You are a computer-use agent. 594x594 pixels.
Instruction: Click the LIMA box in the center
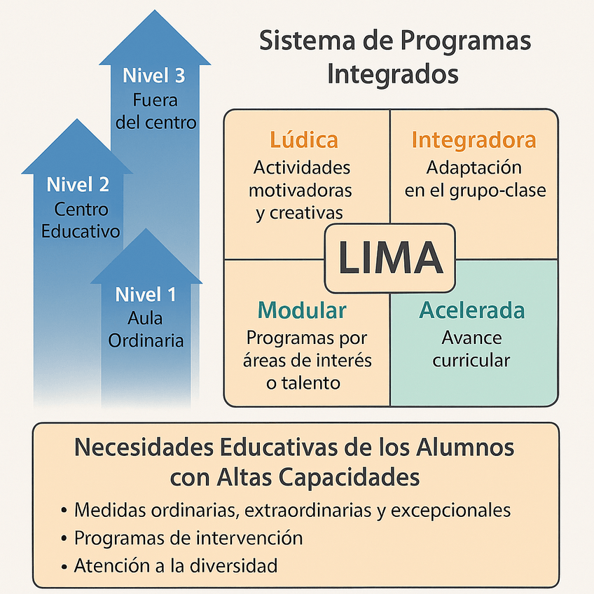tap(390, 258)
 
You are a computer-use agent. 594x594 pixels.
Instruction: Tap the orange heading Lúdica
tap(303, 140)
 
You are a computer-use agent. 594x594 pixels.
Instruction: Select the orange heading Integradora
tap(474, 140)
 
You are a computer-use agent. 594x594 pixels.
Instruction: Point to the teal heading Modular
tap(302, 310)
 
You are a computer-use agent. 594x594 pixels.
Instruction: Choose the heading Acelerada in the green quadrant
tap(471, 310)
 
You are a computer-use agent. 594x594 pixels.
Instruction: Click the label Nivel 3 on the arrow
tap(154, 76)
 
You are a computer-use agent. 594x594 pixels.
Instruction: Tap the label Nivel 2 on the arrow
tap(78, 185)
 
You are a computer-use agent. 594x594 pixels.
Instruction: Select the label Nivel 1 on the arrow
tap(146, 294)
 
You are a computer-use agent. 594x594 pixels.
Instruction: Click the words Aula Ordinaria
tap(146, 329)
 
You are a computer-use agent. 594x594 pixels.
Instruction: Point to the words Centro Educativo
tap(81, 220)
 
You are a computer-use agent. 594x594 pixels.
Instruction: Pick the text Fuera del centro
tap(156, 111)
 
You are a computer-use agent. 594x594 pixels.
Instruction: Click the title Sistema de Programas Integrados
tap(395, 57)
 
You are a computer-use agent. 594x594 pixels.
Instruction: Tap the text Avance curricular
tap(471, 349)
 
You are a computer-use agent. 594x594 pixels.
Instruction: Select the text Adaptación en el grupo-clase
tap(474, 179)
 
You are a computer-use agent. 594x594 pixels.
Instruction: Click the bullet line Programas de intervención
tap(188, 538)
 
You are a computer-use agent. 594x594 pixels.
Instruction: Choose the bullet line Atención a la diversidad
tap(176, 565)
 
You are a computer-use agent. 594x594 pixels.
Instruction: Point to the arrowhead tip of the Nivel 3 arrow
tap(154, 12)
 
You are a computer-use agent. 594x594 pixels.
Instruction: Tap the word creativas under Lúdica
tap(299, 212)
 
